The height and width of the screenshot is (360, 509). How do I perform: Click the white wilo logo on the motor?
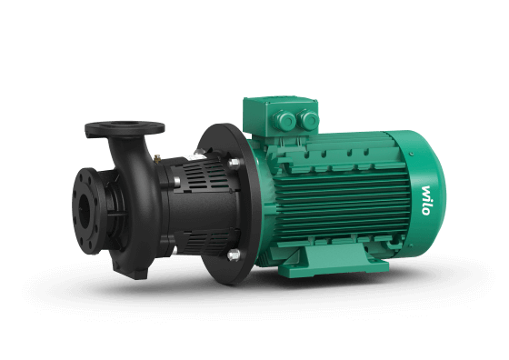426,200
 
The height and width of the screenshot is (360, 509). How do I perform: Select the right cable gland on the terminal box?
308,119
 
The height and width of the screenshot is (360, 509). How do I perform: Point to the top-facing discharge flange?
125,128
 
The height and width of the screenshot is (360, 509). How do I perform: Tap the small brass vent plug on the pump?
157,159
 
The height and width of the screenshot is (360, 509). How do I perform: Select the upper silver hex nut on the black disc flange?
235,164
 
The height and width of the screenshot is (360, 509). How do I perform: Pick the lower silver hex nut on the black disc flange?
234,255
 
